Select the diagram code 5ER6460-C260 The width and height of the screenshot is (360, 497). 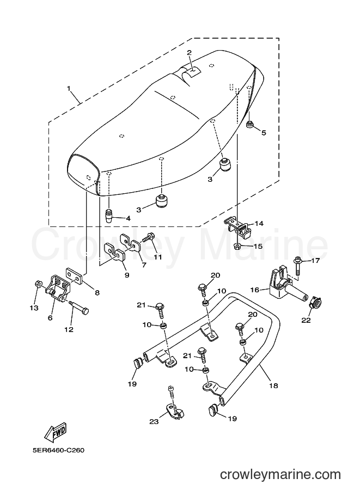tap(58, 450)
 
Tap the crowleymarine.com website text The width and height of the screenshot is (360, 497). tap(280, 475)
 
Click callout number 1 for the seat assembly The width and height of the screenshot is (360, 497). tap(69, 88)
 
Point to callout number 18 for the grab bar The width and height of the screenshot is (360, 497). tap(273, 385)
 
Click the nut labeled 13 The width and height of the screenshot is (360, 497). tap(38, 283)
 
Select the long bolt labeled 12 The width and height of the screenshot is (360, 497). tap(78, 307)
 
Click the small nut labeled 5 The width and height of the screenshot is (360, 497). tap(250, 125)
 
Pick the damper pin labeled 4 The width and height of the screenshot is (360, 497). tap(109, 216)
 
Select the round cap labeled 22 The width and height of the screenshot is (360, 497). tap(314, 302)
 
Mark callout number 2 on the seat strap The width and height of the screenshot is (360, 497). tap(190, 52)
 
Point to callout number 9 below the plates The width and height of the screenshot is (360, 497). tap(127, 275)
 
